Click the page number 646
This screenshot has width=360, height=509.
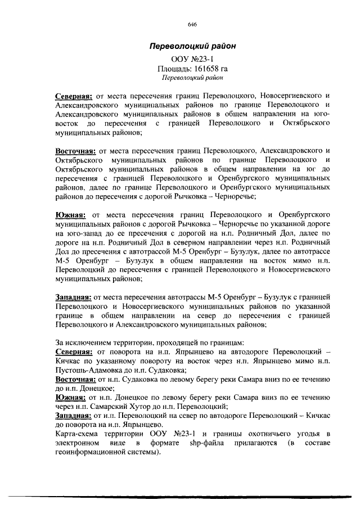coord(191,25)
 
